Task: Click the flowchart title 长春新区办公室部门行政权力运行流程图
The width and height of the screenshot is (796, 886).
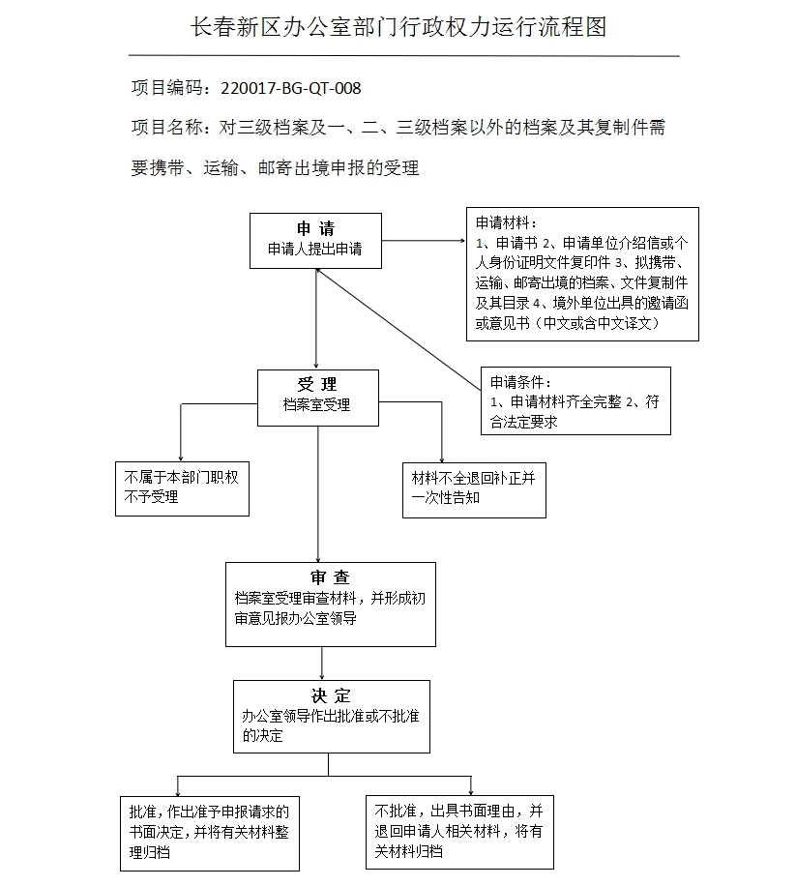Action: point(398,27)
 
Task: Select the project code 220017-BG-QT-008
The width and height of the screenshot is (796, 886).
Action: point(291,88)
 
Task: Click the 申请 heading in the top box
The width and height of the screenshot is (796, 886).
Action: point(315,229)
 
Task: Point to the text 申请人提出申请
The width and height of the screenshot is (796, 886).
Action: point(315,249)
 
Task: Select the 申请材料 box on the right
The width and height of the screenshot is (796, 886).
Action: point(581,274)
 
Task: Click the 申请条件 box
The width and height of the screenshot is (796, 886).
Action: point(575,400)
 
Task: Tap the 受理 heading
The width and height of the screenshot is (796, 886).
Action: point(316,385)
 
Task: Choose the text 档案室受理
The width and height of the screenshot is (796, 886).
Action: point(316,405)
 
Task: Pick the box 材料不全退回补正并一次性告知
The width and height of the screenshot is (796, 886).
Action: point(473,488)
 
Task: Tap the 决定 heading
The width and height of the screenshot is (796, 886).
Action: point(331,695)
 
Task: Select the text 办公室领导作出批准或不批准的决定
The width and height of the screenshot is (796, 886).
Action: point(331,725)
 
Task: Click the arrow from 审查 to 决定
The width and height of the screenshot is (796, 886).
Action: point(322,664)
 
